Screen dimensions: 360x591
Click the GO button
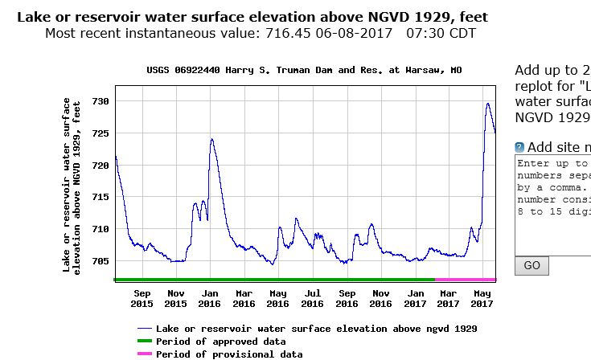[x=531, y=265]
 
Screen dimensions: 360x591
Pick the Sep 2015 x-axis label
[x=142, y=298]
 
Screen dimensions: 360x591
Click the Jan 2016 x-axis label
[x=209, y=298]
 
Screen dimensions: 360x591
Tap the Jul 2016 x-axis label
[x=312, y=298]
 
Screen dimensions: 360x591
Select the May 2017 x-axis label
[x=482, y=298]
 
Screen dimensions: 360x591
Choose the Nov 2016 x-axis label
[x=381, y=298]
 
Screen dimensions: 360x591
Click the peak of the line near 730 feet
[x=488, y=103]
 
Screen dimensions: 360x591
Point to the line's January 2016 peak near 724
[x=211, y=139]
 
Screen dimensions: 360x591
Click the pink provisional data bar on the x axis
[x=466, y=280]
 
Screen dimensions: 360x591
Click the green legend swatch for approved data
[x=144, y=342]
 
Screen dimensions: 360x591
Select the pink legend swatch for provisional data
[x=144, y=354]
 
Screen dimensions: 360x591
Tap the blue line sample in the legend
[x=144, y=329]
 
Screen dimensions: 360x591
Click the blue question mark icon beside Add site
[x=519, y=147]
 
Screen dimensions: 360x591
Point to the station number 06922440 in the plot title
[x=203, y=70]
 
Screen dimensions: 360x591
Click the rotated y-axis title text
[x=72, y=186]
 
